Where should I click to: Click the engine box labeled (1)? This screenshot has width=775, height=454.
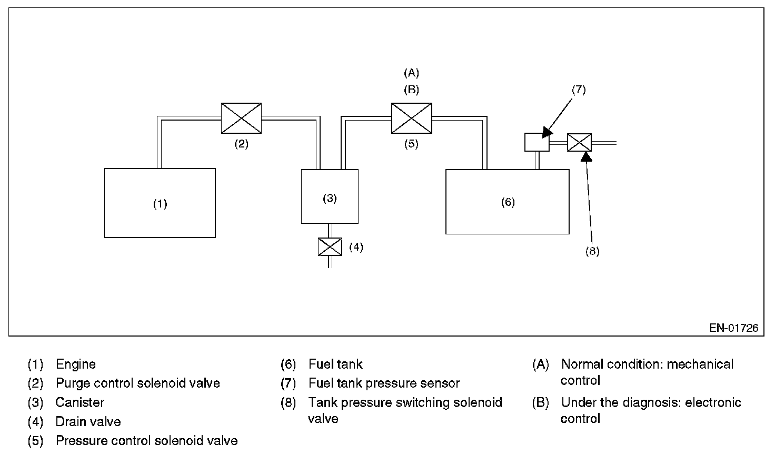160,203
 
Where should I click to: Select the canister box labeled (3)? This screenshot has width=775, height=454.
330,196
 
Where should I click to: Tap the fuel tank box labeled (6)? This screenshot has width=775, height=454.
507,202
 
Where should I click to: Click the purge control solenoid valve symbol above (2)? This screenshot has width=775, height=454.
241,119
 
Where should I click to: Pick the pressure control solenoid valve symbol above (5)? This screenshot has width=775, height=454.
411,119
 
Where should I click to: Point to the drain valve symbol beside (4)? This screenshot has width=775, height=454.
330,246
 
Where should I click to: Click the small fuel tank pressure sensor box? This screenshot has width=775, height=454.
536,142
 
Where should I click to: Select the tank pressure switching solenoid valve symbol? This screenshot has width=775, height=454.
579,143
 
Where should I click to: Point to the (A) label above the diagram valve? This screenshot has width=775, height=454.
411,73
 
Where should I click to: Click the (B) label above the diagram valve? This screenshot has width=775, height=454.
411,90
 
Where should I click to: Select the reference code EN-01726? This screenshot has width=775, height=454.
733,328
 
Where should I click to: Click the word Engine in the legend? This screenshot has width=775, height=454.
76,364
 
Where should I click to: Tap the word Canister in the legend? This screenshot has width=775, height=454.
80,403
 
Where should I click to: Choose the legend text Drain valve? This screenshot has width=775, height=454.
88,422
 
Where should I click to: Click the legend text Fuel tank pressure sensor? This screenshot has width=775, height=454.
384,383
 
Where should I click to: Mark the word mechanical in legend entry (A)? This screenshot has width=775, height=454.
703,364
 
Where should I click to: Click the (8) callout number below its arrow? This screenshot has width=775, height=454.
592,251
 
